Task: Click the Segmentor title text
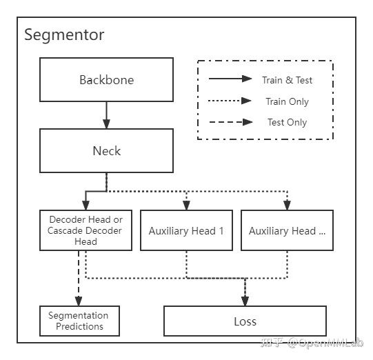point(64,34)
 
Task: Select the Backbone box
point(106,79)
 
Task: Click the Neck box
point(106,150)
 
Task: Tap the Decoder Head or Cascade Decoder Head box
point(85,231)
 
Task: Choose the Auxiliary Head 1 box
point(186,231)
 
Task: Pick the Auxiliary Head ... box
point(287,231)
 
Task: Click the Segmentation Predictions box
point(79,321)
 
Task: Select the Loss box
point(245,321)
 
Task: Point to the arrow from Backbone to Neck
point(106,114)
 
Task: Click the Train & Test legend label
point(287,80)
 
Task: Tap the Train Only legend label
point(287,101)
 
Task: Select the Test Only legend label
point(287,123)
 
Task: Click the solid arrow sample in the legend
point(230,79)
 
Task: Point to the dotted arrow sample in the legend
point(230,101)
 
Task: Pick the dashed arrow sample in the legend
point(230,122)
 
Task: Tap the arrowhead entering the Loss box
point(245,301)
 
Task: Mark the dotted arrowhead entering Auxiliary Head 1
point(186,205)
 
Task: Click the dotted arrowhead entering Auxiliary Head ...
point(287,205)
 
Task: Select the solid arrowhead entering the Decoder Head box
point(85,205)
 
